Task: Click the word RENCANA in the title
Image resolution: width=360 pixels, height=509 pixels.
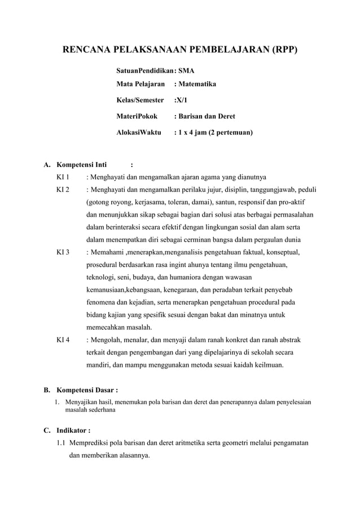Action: (x=89, y=50)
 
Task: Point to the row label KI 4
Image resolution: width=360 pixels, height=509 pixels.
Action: (x=63, y=340)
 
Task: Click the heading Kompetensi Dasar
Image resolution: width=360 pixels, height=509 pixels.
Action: (x=86, y=390)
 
